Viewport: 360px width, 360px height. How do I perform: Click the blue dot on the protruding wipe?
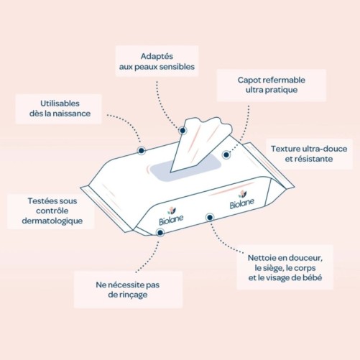[183, 131]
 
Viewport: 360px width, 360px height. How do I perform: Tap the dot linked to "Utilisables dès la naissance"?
[142, 150]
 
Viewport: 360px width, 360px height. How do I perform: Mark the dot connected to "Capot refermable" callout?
[226, 153]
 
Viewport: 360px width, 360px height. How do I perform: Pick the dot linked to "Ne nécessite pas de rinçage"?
[170, 232]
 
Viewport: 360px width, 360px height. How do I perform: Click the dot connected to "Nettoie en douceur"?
[210, 216]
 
